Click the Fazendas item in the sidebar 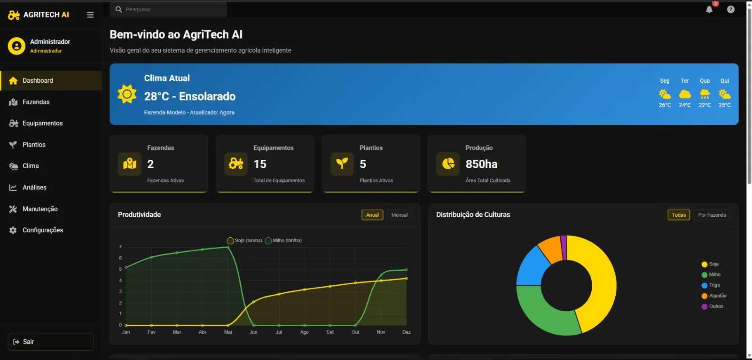pos(36,102)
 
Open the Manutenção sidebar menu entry pos(40,209)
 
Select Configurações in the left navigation pos(42,230)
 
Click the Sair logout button pos(50,342)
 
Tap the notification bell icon pos(709,9)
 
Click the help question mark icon pos(730,9)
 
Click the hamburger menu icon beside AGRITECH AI pos(90,15)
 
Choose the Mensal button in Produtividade pos(399,215)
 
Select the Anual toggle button pos(372,215)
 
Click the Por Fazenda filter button pos(712,215)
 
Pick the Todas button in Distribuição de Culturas pos(679,215)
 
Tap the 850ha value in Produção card pos(481,164)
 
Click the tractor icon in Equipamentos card pos(236,164)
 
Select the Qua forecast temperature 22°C pos(705,105)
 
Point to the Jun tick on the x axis pos(253,332)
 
